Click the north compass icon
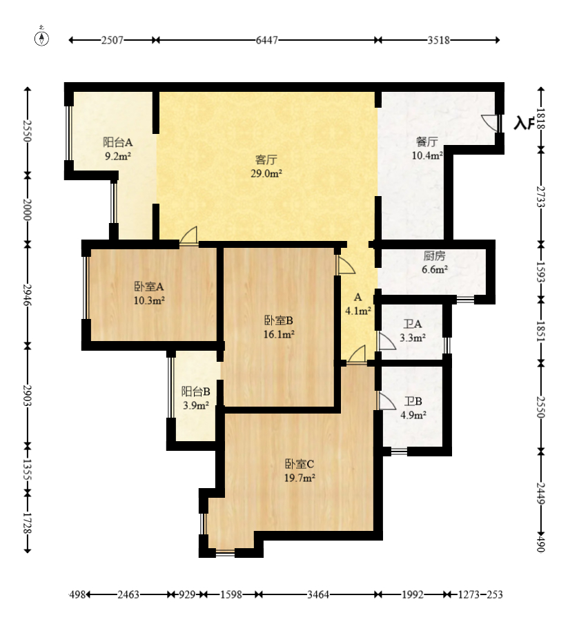pos(41,37)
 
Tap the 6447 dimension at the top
pos(267,40)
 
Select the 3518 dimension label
pos(439,40)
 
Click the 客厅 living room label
pos(266,159)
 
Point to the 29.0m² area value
pos(266,173)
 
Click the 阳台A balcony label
pos(117,142)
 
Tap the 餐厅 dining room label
pos(427,142)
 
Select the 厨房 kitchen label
pos(434,256)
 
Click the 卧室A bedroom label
pos(149,287)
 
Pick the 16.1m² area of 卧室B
pos(279,334)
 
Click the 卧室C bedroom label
pos(299,464)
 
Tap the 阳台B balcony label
pos(196,392)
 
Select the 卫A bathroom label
pos(413,324)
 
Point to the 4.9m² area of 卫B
pos(413,416)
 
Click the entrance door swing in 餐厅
pos(489,122)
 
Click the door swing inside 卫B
pos(387,401)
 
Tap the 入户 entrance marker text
pos(525,123)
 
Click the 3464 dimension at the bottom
pos(318,594)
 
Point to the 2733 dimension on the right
pos(540,197)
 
